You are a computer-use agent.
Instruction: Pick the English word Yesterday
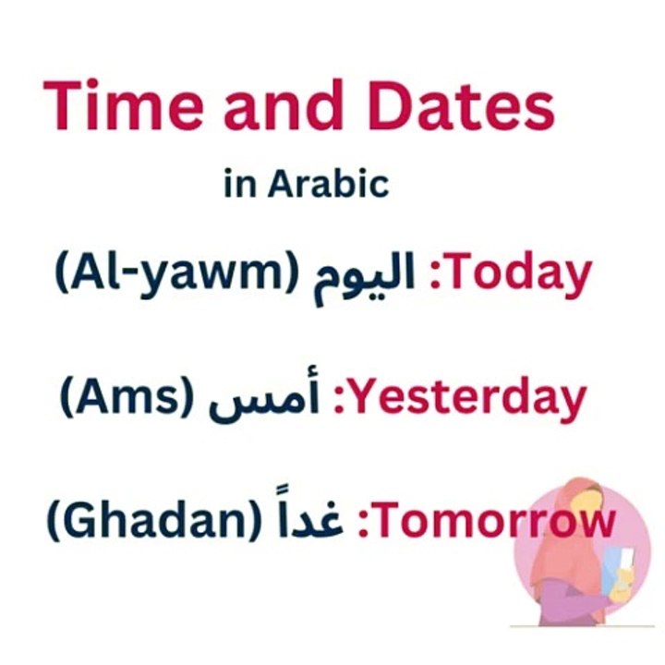[x=472, y=398]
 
